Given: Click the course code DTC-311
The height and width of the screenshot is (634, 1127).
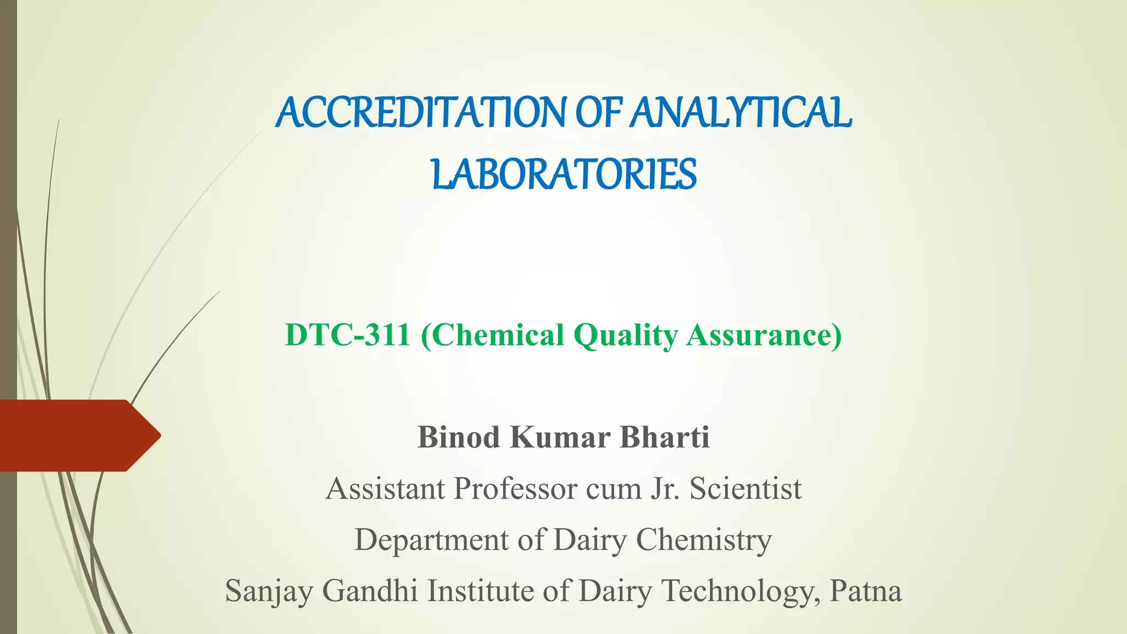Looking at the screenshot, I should click(x=347, y=335).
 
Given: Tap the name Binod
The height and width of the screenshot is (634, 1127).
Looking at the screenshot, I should click(x=458, y=438).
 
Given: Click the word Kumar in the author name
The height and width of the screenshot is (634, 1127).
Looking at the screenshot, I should click(x=560, y=438).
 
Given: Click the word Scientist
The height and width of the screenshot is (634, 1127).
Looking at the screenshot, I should click(x=746, y=489).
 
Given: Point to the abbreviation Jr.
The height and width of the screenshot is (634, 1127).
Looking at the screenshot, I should click(x=665, y=489).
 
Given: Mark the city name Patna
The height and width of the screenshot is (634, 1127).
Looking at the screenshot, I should click(x=866, y=591).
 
